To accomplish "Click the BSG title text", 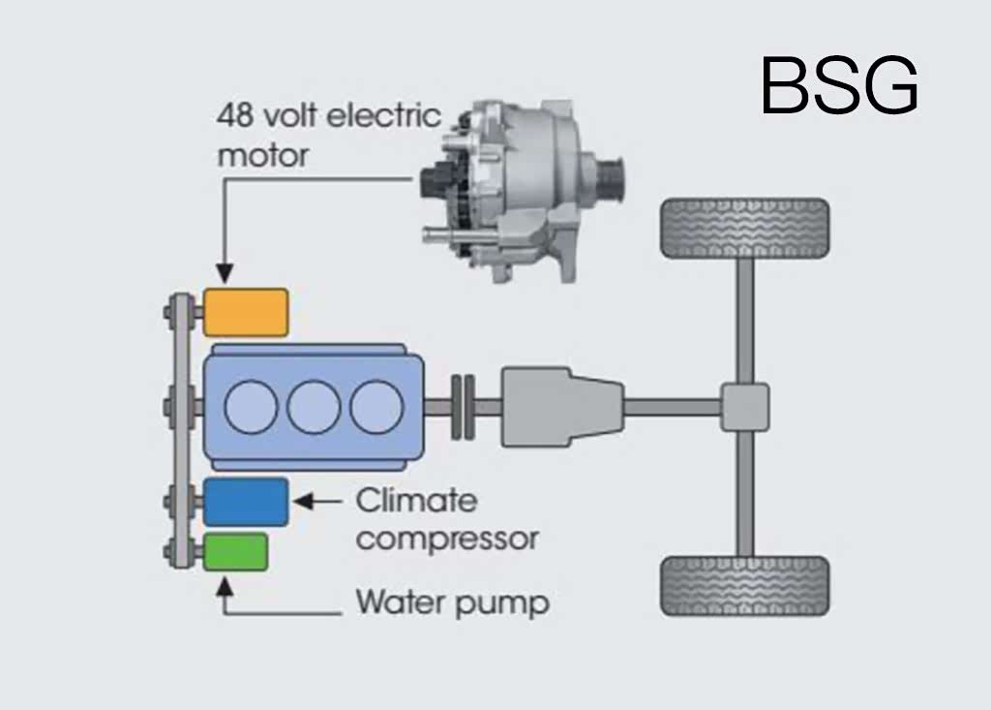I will (838, 85).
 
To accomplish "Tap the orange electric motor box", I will (246, 312).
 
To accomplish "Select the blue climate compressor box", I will (246, 502).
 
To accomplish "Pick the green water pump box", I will (235, 551).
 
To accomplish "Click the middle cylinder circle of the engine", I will (314, 407).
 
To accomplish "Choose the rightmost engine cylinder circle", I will (376, 407).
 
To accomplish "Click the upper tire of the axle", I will (744, 229).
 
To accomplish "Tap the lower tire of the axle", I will (744, 586).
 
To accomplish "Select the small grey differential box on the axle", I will (744, 407).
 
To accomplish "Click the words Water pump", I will (452, 603).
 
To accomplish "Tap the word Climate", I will (416, 501).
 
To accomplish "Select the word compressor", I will (446, 538).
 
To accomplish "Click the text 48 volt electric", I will (329, 117).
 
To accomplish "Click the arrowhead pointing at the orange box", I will (225, 276).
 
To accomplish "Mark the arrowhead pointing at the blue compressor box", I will (300, 502).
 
